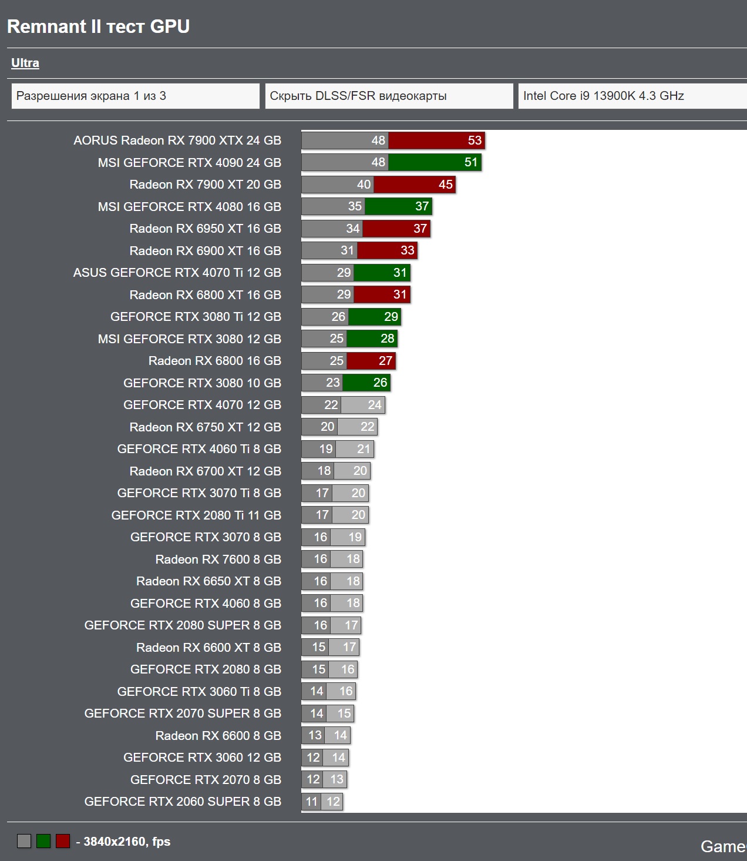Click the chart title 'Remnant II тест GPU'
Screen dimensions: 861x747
point(98,26)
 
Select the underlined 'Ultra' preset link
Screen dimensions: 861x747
point(25,63)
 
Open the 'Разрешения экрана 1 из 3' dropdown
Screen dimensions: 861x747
point(135,96)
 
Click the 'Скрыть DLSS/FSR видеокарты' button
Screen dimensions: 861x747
point(389,96)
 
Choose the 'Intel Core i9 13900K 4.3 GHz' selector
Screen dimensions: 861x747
point(631,96)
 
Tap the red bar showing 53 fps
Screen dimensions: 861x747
point(436,140)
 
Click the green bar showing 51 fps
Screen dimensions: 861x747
point(435,162)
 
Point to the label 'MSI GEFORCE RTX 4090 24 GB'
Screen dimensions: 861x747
point(189,162)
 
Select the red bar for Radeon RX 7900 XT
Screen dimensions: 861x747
point(414,185)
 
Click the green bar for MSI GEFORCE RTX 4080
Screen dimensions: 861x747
point(398,206)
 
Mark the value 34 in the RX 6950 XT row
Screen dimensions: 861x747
point(352,229)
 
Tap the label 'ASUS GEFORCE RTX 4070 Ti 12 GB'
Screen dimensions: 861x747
point(177,273)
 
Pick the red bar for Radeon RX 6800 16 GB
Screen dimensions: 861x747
point(371,361)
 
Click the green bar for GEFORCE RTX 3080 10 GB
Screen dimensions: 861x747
point(366,383)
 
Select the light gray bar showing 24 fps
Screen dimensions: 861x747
point(362,405)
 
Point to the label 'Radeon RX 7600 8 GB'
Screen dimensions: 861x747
point(218,559)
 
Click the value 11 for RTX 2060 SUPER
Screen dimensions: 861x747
point(311,802)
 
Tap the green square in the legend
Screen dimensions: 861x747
point(43,841)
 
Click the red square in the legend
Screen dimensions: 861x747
point(63,841)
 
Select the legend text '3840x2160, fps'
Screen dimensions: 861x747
point(127,842)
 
